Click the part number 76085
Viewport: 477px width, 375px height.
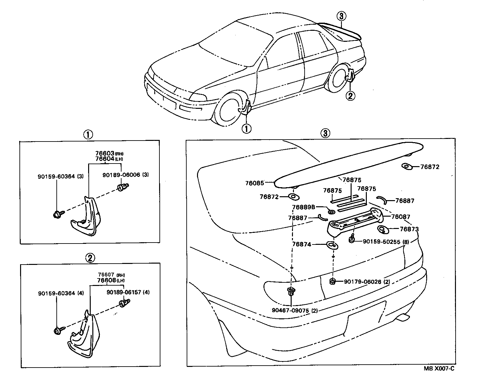tap(254, 183)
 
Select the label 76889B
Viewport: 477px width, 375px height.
tap(303, 207)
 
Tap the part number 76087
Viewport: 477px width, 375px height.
tap(401, 217)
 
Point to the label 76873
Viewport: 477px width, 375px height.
tap(409, 229)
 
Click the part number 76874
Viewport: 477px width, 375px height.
tap(302, 244)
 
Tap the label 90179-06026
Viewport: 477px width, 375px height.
tap(363, 282)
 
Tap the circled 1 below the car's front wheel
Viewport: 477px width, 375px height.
tap(246, 129)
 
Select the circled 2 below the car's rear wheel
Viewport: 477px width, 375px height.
tap(350, 96)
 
